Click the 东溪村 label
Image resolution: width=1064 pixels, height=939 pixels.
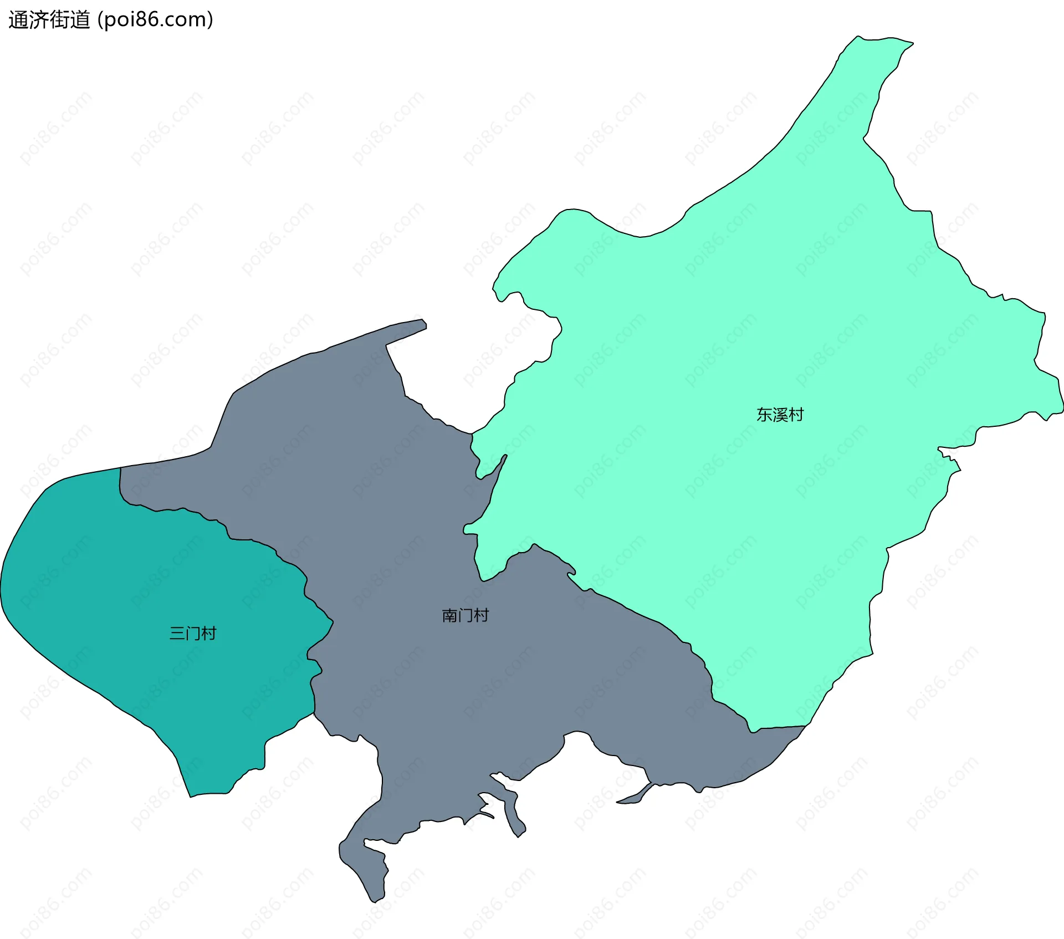pos(780,415)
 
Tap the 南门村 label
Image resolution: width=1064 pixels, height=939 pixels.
pos(465,615)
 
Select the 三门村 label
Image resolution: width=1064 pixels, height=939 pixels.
pos(192,633)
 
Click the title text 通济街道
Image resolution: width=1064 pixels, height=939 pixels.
pos(49,20)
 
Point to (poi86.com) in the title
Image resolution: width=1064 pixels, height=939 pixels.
pos(155,20)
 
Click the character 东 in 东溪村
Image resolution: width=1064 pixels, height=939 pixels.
pos(764,415)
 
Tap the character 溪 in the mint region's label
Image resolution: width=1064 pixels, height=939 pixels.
pos(780,415)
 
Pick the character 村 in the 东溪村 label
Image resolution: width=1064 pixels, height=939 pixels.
pos(796,415)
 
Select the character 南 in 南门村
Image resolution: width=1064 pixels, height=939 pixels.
pos(449,615)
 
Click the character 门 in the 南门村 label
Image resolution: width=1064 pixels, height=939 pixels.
pos(465,615)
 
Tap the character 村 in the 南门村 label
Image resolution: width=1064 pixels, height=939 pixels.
pos(481,615)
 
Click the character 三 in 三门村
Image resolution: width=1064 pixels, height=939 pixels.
pos(177,633)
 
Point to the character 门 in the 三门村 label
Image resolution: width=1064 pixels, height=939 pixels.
pos(192,633)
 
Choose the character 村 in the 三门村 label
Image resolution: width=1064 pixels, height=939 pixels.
pos(208,633)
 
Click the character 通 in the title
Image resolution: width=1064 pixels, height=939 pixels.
pos(18,20)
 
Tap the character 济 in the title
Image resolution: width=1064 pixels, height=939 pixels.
pos(39,20)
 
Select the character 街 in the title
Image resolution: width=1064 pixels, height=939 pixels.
pos(59,20)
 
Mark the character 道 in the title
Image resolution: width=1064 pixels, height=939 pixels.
pos(80,20)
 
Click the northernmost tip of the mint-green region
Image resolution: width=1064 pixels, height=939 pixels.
pos(858,37)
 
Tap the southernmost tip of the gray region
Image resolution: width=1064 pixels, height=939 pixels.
pos(375,902)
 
